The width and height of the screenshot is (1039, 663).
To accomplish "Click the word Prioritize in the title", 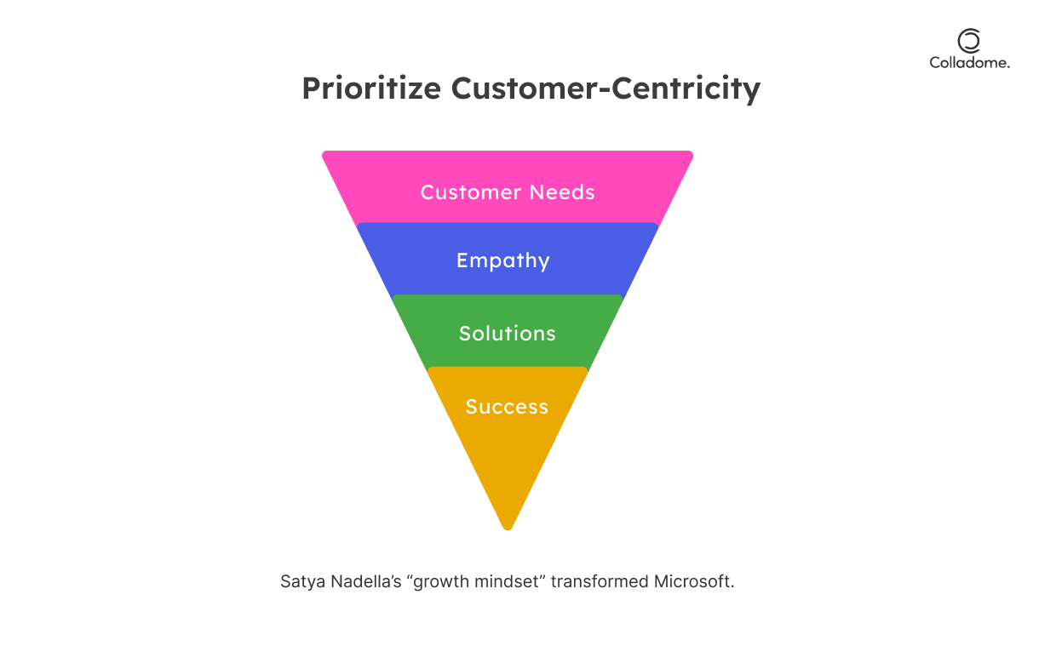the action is coord(371,89).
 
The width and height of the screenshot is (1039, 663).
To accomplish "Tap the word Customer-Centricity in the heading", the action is coord(606,89).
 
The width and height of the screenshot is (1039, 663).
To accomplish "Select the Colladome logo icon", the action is coord(969,41).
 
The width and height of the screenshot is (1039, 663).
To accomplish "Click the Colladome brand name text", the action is coord(969,63).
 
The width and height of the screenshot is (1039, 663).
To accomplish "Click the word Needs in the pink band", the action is coord(562,192).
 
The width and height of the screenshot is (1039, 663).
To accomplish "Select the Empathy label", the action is coord(503,261).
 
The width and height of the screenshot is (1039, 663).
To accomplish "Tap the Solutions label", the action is coord(508,334).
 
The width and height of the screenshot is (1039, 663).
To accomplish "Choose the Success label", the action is coord(507,407).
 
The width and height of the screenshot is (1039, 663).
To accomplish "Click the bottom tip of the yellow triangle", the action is coord(508,529).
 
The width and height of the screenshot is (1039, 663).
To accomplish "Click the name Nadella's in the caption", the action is coord(366,581).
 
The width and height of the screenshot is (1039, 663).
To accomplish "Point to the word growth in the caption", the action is coord(437,582).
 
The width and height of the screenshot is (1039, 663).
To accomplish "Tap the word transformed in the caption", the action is coord(600,581).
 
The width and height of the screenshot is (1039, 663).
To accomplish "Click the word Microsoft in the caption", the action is coord(692,581).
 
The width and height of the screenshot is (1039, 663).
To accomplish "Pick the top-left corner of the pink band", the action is coord(324,152).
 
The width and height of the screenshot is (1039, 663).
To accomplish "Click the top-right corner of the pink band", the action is coord(692,152).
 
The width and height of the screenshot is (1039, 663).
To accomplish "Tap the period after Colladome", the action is coord(1008,67).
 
